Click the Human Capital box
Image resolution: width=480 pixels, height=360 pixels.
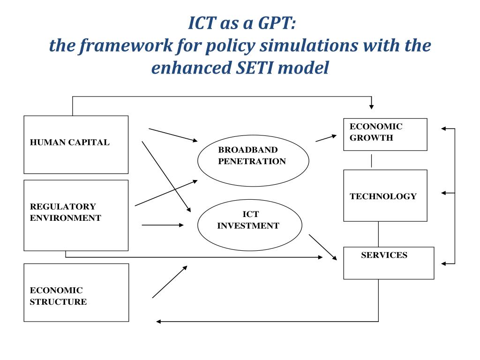click(76, 144)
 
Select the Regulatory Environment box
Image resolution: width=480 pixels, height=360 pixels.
click(76, 215)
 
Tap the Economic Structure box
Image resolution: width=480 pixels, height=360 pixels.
click(76, 292)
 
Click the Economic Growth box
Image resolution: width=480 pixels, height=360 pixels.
click(385, 134)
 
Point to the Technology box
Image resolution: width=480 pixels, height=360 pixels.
click(385, 195)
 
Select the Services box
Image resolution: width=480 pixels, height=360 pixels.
click(389, 263)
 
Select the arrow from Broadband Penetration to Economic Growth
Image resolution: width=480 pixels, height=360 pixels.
click(326, 138)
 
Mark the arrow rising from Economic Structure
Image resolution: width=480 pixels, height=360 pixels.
click(170, 282)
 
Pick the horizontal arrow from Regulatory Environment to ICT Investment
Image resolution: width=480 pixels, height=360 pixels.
click(163, 225)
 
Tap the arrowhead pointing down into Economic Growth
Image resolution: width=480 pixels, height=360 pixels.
click(371, 106)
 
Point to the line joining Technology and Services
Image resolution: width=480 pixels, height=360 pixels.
click(378, 234)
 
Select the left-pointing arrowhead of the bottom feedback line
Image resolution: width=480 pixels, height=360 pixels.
click(159, 322)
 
